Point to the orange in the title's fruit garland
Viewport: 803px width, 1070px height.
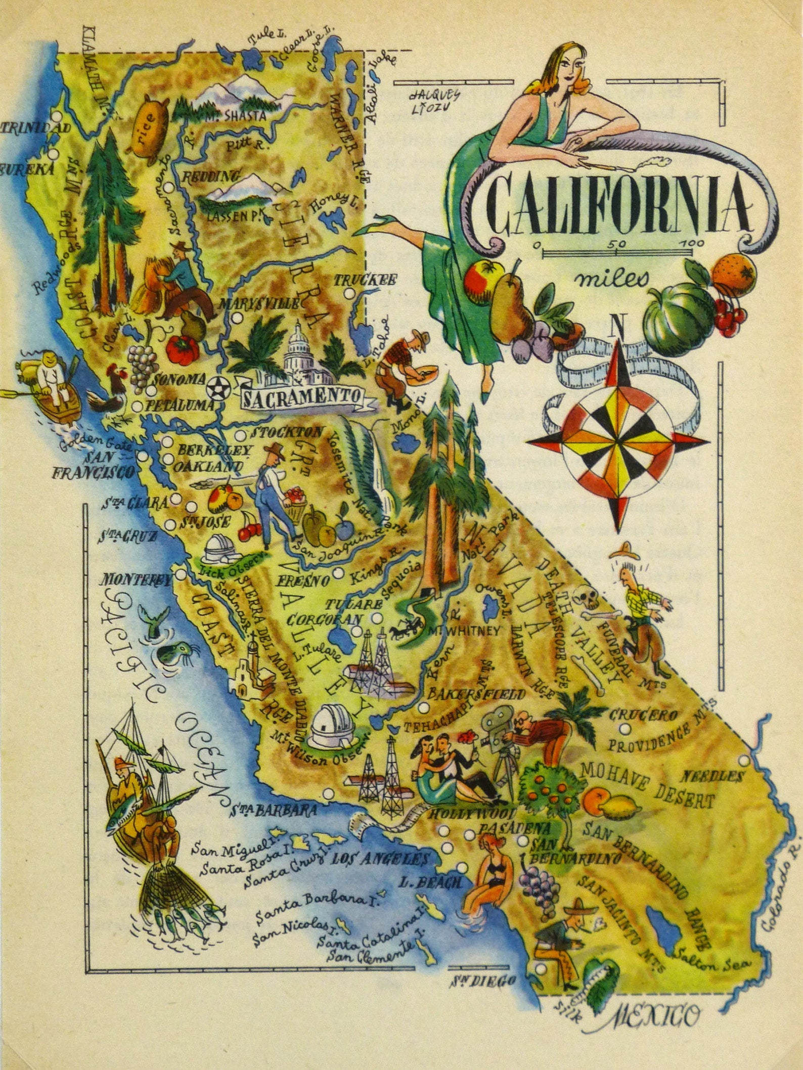(735, 271)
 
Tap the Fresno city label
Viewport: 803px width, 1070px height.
(303, 580)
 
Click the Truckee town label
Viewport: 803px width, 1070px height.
(366, 280)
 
